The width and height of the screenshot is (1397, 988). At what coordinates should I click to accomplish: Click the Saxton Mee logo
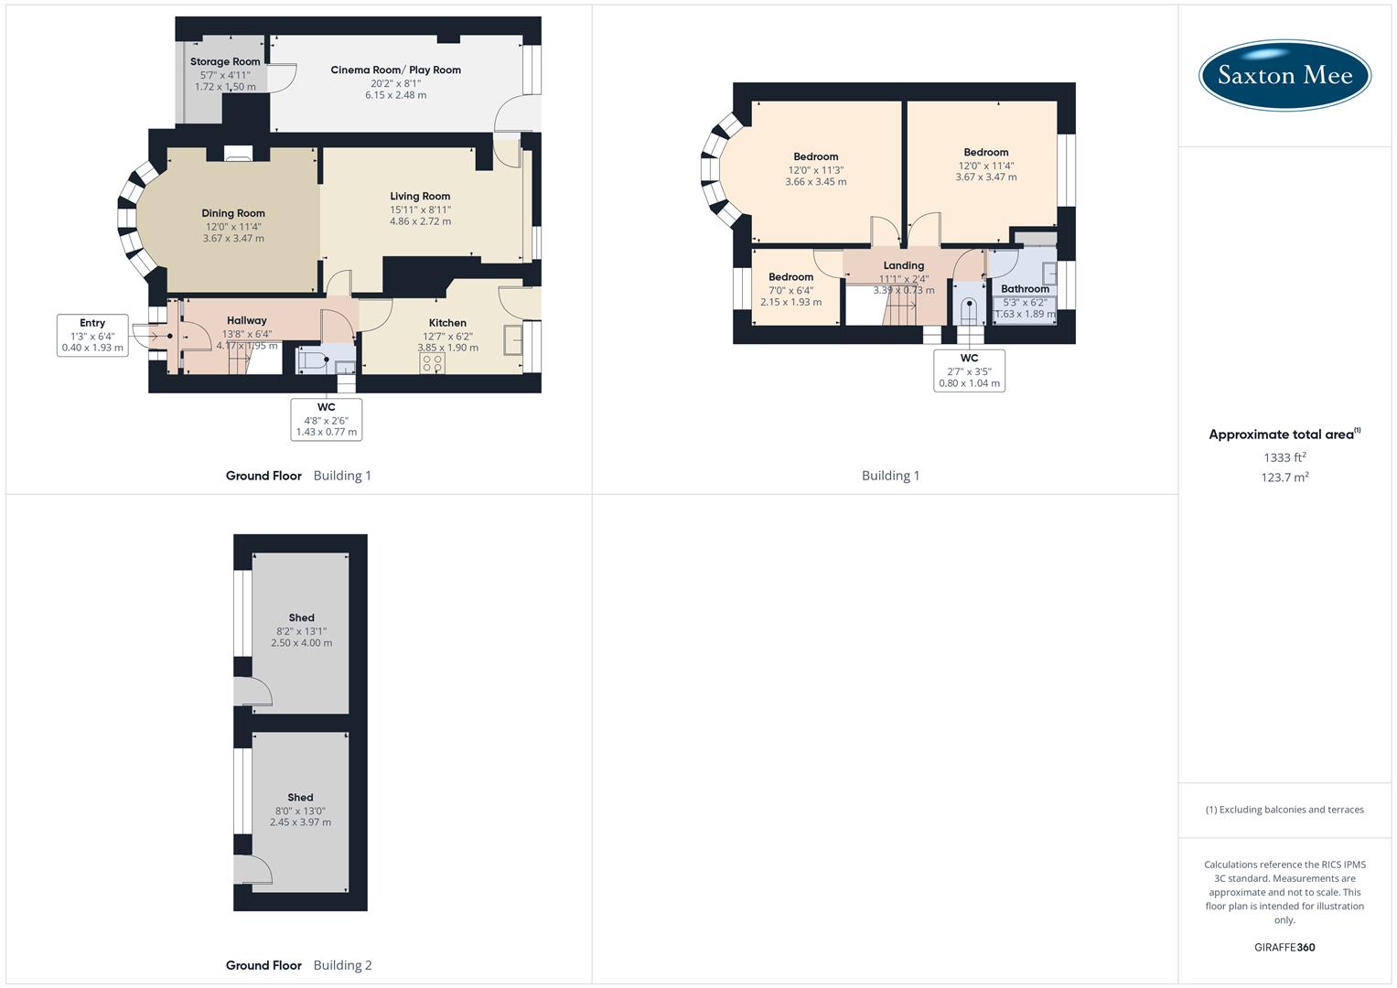pos(1284,75)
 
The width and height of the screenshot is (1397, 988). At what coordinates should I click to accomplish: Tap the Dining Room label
pos(233,213)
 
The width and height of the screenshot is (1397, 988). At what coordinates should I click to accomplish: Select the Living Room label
pos(420,196)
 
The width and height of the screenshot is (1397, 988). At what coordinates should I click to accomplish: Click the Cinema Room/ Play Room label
pos(395,70)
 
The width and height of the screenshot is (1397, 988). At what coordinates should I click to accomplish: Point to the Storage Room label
pos(225,62)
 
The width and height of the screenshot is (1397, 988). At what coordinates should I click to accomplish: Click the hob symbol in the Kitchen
pos(433,364)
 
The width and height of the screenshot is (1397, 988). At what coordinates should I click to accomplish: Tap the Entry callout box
pos(92,335)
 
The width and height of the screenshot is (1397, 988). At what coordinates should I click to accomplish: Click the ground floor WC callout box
pos(327,419)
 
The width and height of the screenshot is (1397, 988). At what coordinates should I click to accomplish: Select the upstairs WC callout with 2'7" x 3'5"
pos(969,370)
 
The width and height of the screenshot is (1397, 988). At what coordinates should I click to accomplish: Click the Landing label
pos(903,265)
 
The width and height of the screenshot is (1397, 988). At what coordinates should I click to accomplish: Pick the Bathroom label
pos(1025,289)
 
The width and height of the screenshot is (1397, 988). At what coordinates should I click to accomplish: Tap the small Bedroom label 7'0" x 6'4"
pos(790,277)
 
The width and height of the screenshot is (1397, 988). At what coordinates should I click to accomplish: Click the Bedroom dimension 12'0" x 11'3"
pos(815,170)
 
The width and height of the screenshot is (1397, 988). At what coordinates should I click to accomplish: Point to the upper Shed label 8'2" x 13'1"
pos(301,618)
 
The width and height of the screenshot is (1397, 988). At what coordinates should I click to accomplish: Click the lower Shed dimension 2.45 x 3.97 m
pos(300,822)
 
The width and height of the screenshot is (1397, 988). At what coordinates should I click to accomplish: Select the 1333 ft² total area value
pos(1284,457)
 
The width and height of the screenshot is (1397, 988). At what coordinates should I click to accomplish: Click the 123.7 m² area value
pos(1284,478)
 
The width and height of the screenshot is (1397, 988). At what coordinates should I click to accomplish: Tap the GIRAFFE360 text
pos(1284,948)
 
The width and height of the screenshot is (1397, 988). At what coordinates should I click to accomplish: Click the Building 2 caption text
pos(342,965)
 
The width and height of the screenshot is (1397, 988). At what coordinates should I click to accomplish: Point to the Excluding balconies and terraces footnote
pos(1284,810)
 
